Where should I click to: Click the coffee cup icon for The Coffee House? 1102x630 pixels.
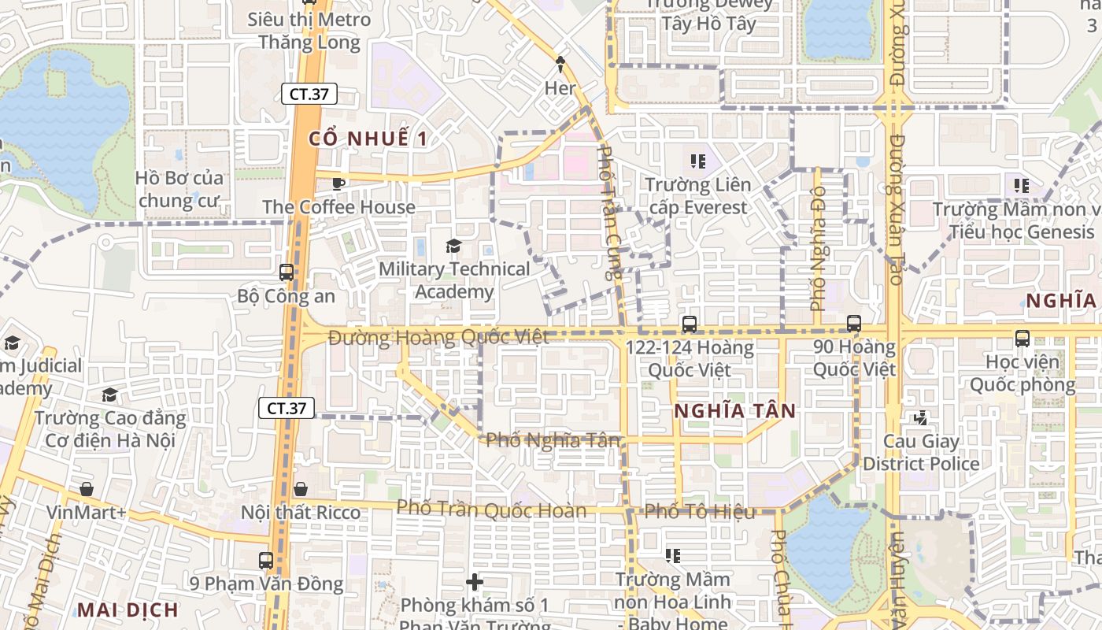pos(338,183)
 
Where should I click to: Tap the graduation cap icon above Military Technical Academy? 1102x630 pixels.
pos(453,246)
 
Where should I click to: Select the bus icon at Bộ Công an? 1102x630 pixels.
pos(287,272)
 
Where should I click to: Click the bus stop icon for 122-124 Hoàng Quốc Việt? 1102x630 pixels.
pos(690,324)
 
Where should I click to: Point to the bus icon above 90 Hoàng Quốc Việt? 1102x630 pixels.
pos(854,323)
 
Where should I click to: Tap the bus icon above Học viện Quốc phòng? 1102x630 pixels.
pos(1022,339)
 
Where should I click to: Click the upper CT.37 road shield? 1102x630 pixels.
pos(309,94)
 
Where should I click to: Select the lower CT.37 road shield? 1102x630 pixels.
pos(287,408)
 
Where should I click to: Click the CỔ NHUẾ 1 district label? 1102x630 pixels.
pos(368,139)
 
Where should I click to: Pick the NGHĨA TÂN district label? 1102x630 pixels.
pos(735,410)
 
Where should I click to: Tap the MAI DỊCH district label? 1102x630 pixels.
pos(128,609)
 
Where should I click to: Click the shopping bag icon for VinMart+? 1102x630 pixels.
pos(87,489)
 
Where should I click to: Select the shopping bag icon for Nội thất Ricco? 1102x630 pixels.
pos(300,489)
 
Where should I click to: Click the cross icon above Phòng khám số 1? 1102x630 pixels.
pos(475,582)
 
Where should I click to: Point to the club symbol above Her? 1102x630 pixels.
pos(560,62)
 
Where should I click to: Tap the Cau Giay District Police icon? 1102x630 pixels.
pos(921,418)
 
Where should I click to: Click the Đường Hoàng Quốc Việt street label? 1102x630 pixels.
pos(438,338)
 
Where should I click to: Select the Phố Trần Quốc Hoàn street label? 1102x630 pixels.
pos(491,510)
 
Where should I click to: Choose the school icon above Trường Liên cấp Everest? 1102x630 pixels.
pos(697,161)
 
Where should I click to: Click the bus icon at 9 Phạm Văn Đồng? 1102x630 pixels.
pos(266,561)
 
